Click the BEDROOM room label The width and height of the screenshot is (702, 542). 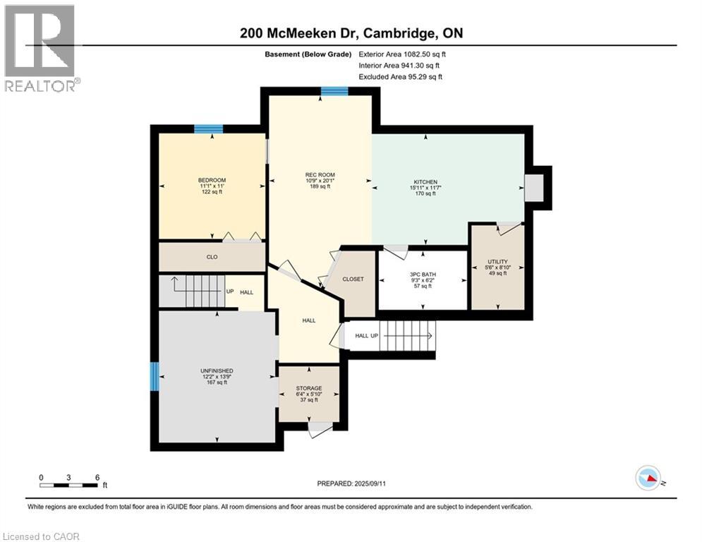212,180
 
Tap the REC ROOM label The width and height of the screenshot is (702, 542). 320,175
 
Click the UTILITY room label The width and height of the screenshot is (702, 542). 497,262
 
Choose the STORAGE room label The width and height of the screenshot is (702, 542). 308,388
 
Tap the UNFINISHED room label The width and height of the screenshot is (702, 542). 216,371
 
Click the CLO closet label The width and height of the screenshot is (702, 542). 212,257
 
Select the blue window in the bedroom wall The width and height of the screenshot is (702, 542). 209,128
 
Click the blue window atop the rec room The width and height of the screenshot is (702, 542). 334,91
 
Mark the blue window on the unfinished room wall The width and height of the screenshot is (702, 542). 154,376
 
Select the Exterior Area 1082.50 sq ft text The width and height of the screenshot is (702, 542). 403,54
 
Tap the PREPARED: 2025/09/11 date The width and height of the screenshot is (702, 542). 350,483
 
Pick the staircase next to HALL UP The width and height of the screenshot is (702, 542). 407,335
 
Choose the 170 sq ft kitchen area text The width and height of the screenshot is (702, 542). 424,193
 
